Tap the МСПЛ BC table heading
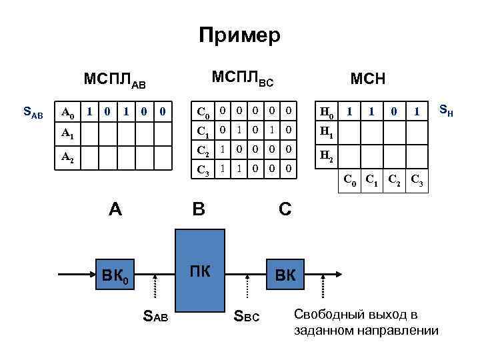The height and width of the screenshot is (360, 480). (x=242, y=79)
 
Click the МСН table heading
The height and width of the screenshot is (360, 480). (x=368, y=79)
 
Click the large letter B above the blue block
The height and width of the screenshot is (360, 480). (x=199, y=209)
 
